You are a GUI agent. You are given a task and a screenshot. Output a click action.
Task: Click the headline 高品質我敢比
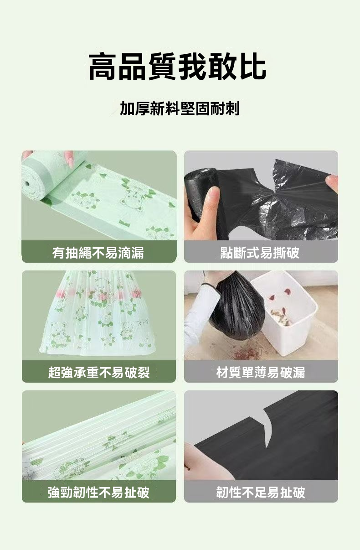point(177,66)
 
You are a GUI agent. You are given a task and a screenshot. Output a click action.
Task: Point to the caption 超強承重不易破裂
point(99,372)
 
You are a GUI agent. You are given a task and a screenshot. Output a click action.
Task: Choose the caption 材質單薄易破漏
point(261,372)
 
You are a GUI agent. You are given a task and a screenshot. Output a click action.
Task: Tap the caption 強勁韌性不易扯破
point(98,492)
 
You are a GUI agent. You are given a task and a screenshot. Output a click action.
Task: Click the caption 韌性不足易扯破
point(261,492)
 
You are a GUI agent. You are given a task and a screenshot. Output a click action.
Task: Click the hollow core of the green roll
point(27,184)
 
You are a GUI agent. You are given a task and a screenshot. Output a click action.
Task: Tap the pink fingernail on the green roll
point(70,161)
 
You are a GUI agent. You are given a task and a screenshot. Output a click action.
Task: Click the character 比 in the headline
point(253,66)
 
